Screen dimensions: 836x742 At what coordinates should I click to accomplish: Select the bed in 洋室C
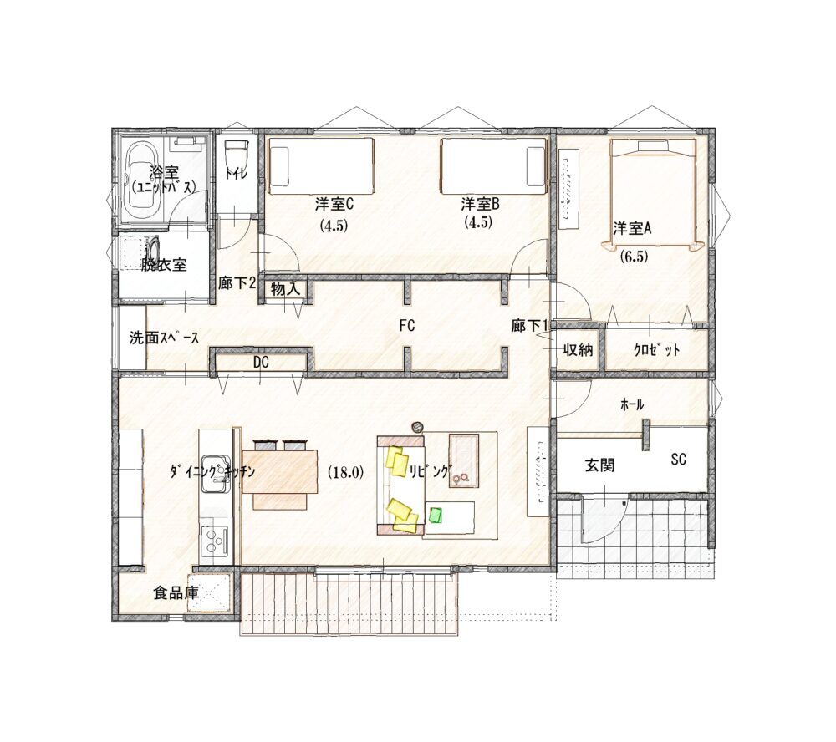coord(320,166)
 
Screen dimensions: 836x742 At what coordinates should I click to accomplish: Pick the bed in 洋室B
coord(494,166)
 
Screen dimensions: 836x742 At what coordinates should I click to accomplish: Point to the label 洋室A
coord(632,229)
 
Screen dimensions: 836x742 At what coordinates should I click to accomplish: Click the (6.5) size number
coord(634,257)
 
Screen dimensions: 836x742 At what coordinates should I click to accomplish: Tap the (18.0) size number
coord(345,472)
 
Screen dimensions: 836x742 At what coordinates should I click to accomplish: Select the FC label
coord(407,326)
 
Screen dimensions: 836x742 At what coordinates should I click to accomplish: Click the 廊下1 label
coord(529,326)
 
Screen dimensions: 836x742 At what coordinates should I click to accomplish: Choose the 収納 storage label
coord(578,350)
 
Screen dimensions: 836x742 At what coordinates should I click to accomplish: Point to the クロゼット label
coord(656,350)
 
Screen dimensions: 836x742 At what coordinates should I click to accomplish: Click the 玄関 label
coord(599,465)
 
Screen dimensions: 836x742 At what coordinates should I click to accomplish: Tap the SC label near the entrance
coord(679,460)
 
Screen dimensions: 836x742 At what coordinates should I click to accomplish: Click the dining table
coord(280,472)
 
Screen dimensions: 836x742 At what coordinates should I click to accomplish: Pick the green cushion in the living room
coord(436,515)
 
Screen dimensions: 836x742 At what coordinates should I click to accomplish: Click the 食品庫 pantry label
coord(176,592)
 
